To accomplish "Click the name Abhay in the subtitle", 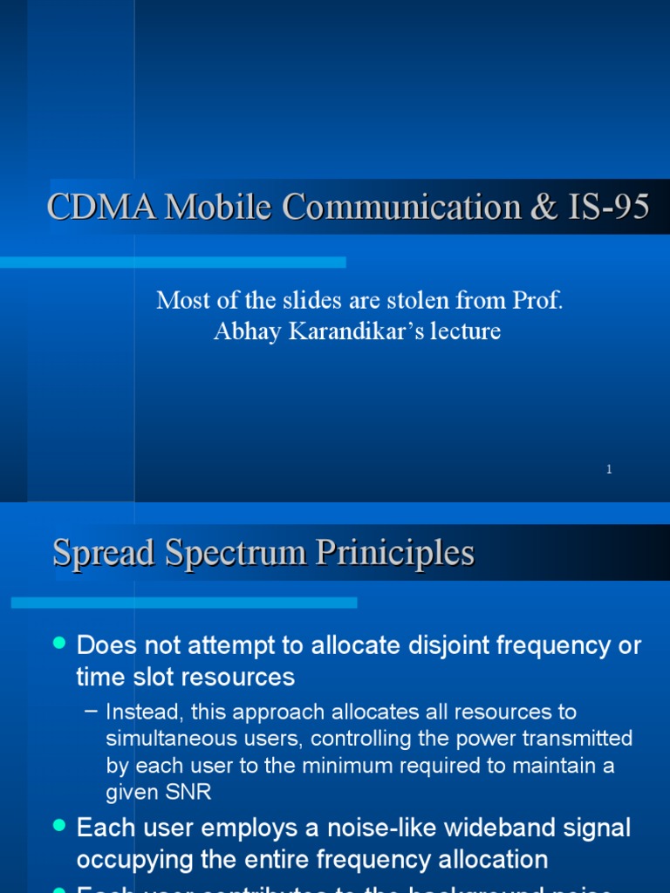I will [x=243, y=331].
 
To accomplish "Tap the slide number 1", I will [x=609, y=469].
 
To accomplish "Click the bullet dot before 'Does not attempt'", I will [x=59, y=643].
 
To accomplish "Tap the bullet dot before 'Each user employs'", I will [x=59, y=824].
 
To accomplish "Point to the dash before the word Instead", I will [x=92, y=712].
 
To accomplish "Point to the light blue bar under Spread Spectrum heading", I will [x=183, y=603].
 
